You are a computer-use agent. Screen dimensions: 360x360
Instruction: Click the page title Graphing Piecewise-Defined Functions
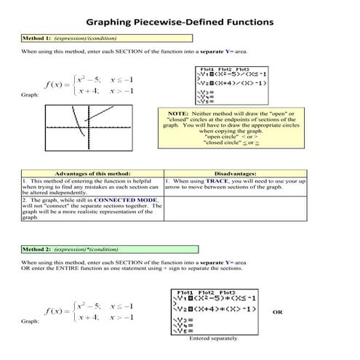pos(179,22)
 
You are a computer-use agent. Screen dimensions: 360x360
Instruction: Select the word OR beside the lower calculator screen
pos(276,312)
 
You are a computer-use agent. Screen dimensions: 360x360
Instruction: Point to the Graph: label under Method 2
pos(30,321)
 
